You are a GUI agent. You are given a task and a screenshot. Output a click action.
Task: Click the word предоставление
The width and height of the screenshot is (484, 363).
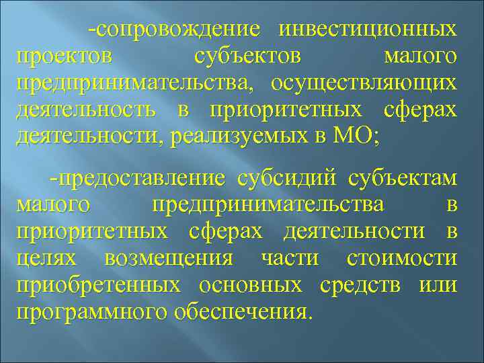pyautogui.click(x=143, y=179)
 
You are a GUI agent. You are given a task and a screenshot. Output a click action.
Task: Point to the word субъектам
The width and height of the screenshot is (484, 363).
pyautogui.click(x=403, y=179)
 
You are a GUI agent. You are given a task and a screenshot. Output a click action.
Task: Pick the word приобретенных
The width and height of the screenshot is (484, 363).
pyautogui.click(x=98, y=285)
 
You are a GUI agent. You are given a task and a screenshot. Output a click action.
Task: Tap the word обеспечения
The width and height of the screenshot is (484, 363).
pyautogui.click(x=243, y=311)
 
